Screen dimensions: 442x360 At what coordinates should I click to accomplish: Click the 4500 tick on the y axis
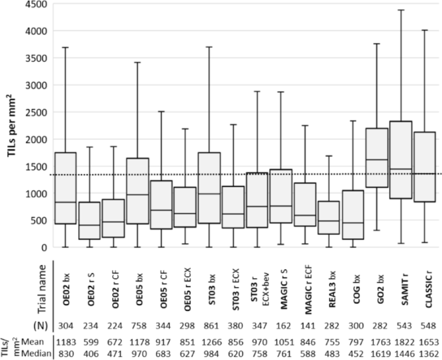[36, 4]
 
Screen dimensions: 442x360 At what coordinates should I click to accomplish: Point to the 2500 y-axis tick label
[36, 112]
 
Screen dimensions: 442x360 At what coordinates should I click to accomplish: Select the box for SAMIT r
[401, 160]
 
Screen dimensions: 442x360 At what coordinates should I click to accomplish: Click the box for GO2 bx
[377, 157]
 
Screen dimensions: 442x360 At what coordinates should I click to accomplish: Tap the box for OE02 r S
[90, 221]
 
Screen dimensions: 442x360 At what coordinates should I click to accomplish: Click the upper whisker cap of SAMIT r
[401, 10]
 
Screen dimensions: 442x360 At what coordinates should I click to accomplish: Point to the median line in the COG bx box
[353, 223]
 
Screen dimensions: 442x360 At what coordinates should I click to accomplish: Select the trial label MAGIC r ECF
[308, 289]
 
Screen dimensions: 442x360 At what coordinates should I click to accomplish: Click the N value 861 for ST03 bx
[211, 326]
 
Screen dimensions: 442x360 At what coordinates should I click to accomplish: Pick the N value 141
[308, 326]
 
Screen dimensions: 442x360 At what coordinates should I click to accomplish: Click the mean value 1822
[404, 342]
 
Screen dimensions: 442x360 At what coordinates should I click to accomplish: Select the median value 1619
[380, 354]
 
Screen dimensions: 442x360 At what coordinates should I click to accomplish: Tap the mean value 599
[90, 342]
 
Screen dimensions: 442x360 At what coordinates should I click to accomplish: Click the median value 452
[356, 354]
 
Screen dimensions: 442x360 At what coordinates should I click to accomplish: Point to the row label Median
[36, 354]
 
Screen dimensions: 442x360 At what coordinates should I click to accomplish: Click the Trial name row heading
[42, 289]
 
